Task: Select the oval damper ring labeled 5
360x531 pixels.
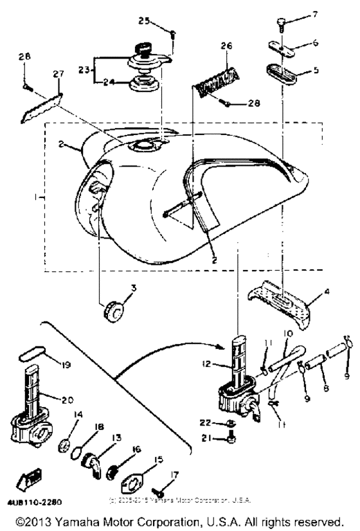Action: coord(280,71)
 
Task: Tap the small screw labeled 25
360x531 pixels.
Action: coord(174,33)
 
